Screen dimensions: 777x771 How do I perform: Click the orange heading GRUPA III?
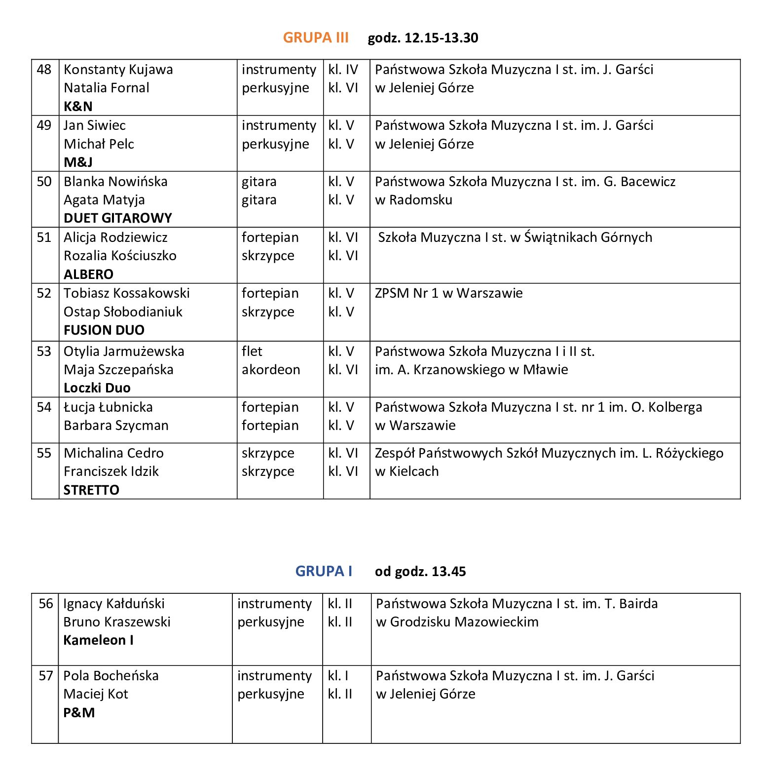(x=316, y=38)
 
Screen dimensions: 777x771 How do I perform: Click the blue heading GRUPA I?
(x=324, y=571)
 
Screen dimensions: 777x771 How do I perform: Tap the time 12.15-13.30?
(x=441, y=38)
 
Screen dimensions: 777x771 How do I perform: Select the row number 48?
(x=44, y=70)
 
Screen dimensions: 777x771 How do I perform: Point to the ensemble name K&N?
(x=78, y=106)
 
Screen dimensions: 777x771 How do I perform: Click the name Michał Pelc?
(x=99, y=144)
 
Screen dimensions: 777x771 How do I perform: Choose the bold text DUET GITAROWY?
(x=118, y=218)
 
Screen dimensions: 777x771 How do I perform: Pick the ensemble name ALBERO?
(x=88, y=274)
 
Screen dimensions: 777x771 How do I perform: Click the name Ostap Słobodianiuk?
(x=123, y=312)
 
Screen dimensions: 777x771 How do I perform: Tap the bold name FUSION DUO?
(x=104, y=330)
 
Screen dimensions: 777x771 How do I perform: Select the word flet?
(x=252, y=351)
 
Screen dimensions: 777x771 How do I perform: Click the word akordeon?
(x=270, y=370)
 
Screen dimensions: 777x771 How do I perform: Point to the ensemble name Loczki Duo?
(x=97, y=388)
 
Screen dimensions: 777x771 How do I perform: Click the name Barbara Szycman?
(x=116, y=426)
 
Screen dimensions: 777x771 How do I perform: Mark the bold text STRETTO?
(x=91, y=490)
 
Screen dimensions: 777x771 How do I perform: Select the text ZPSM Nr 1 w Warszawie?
(x=448, y=293)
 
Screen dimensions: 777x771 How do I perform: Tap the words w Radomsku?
(x=413, y=200)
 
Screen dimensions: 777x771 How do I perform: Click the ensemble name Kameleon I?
(x=98, y=640)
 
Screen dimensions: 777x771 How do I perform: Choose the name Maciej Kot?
(x=96, y=694)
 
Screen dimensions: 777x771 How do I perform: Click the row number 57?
(x=46, y=676)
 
